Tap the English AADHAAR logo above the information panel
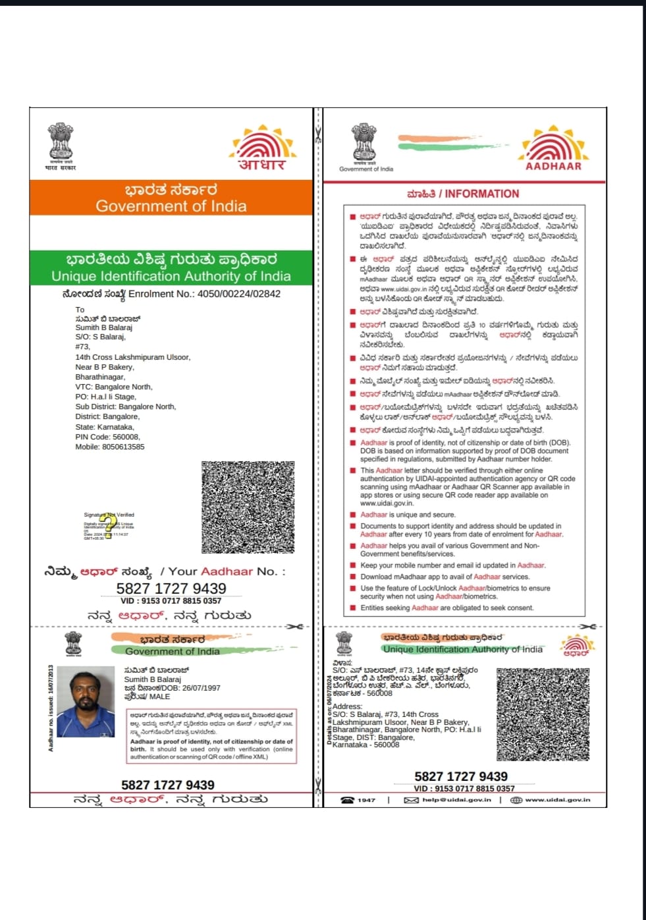click(x=553, y=150)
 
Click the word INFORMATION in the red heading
click(x=481, y=194)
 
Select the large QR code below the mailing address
click(x=248, y=506)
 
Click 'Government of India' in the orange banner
click(x=171, y=206)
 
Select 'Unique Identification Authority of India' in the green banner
click(x=171, y=276)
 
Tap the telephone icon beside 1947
click(x=347, y=800)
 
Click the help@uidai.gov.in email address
click(x=456, y=800)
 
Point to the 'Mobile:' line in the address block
click(x=110, y=447)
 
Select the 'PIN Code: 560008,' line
click(x=107, y=437)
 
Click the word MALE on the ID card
click(x=159, y=697)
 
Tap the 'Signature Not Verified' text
click(x=109, y=515)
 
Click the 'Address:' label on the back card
click(x=347, y=706)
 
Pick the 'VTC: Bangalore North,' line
click(x=113, y=387)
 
